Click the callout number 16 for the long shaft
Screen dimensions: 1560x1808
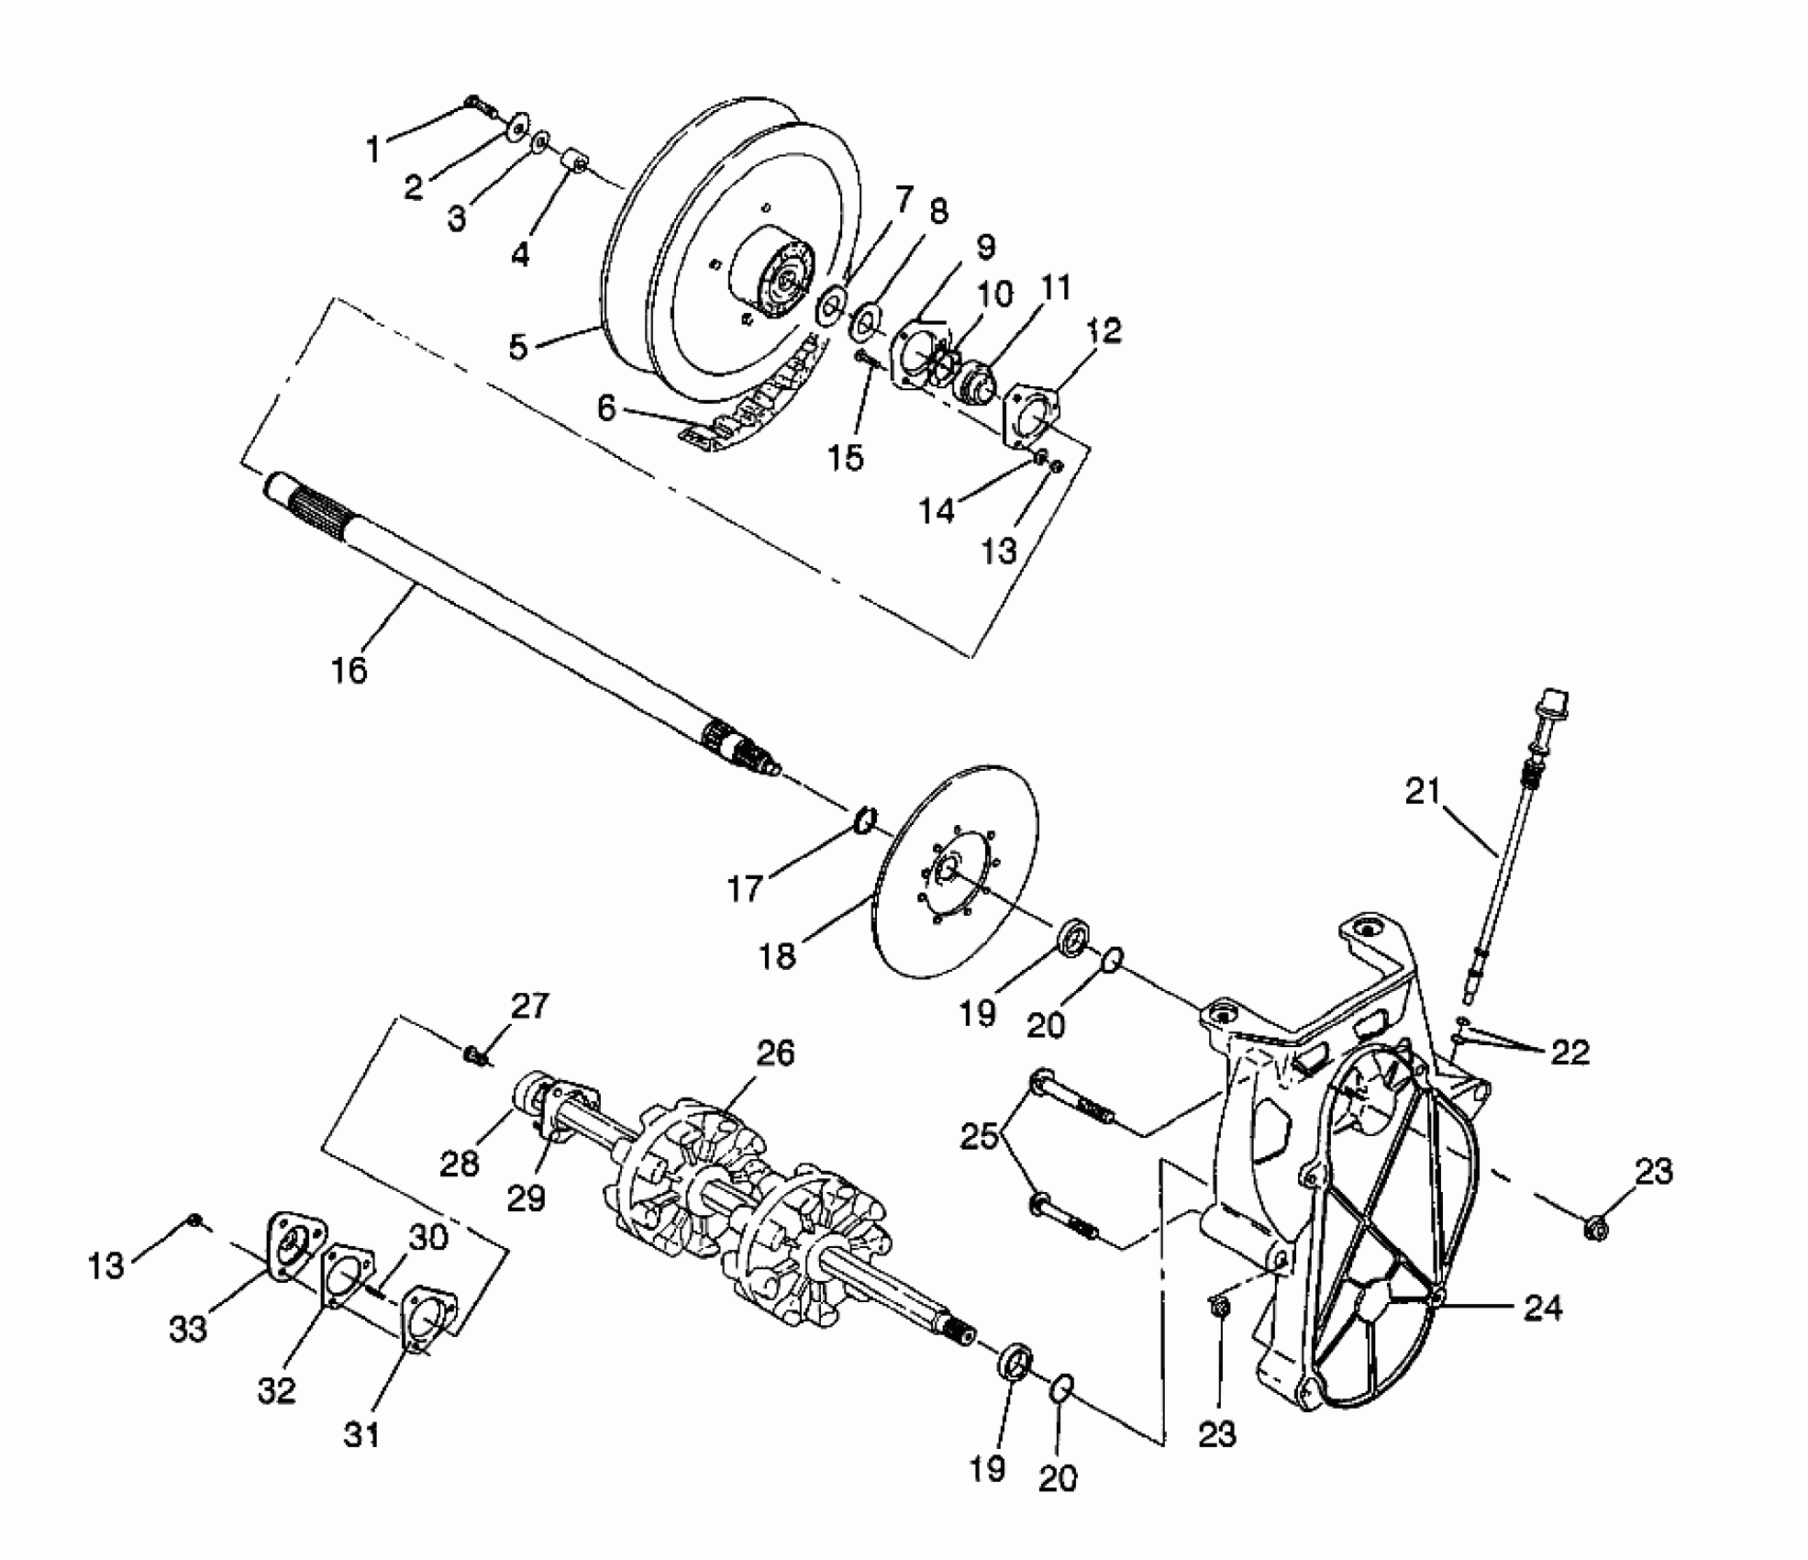349,670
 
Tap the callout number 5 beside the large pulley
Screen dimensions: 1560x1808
518,347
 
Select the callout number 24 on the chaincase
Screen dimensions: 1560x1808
1543,1309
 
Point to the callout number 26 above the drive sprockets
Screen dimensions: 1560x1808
775,1053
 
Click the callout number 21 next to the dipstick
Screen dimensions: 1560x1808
1424,791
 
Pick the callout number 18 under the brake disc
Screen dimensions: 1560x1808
777,956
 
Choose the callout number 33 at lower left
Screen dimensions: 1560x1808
188,1329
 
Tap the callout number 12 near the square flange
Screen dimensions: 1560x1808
1104,330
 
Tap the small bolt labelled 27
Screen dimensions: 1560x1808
474,1055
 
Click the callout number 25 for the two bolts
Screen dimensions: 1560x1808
980,1136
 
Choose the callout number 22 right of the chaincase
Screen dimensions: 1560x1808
1570,1052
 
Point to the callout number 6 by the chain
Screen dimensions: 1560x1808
606,408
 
